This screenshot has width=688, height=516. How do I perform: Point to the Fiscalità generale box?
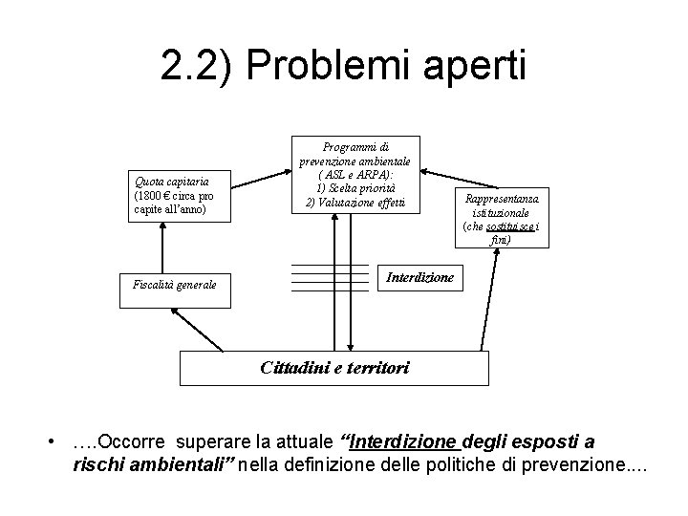pos(175,284)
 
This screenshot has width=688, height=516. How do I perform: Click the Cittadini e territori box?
pos(334,367)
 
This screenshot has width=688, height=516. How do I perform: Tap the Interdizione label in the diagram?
pos(419,278)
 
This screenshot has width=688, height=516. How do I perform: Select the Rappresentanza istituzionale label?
pos(501,205)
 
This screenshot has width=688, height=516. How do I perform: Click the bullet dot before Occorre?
pos(58,443)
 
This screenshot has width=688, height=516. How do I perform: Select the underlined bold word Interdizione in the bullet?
pos(406,443)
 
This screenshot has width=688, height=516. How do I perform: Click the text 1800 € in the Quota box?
pos(151,195)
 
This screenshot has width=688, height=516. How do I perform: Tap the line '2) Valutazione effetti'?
pos(355,203)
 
